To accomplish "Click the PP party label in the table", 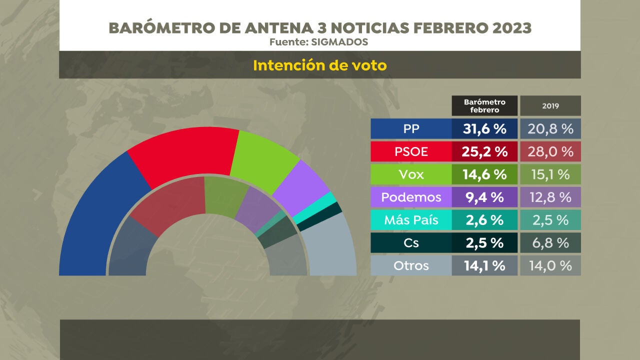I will pyautogui.click(x=411, y=129).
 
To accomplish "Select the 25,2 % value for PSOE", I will pyautogui.click(x=484, y=151).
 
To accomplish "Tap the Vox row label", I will pyautogui.click(x=411, y=174).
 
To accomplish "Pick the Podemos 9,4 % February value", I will pyautogui.click(x=484, y=197).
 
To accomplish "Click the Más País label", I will pyautogui.click(x=411, y=219).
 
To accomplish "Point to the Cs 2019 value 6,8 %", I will pyautogui.click(x=550, y=242).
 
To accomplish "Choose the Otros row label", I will pyautogui.click(x=411, y=265).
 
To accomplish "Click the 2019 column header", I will pyautogui.click(x=550, y=106).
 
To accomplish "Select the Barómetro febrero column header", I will pyautogui.click(x=484, y=106).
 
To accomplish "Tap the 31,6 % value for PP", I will pyautogui.click(x=484, y=129).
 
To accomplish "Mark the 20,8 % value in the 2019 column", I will pyautogui.click(x=550, y=129).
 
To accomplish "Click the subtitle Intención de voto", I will pyautogui.click(x=319, y=65).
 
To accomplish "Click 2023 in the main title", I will pyautogui.click(x=511, y=28).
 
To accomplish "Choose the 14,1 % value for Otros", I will pyautogui.click(x=484, y=265).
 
